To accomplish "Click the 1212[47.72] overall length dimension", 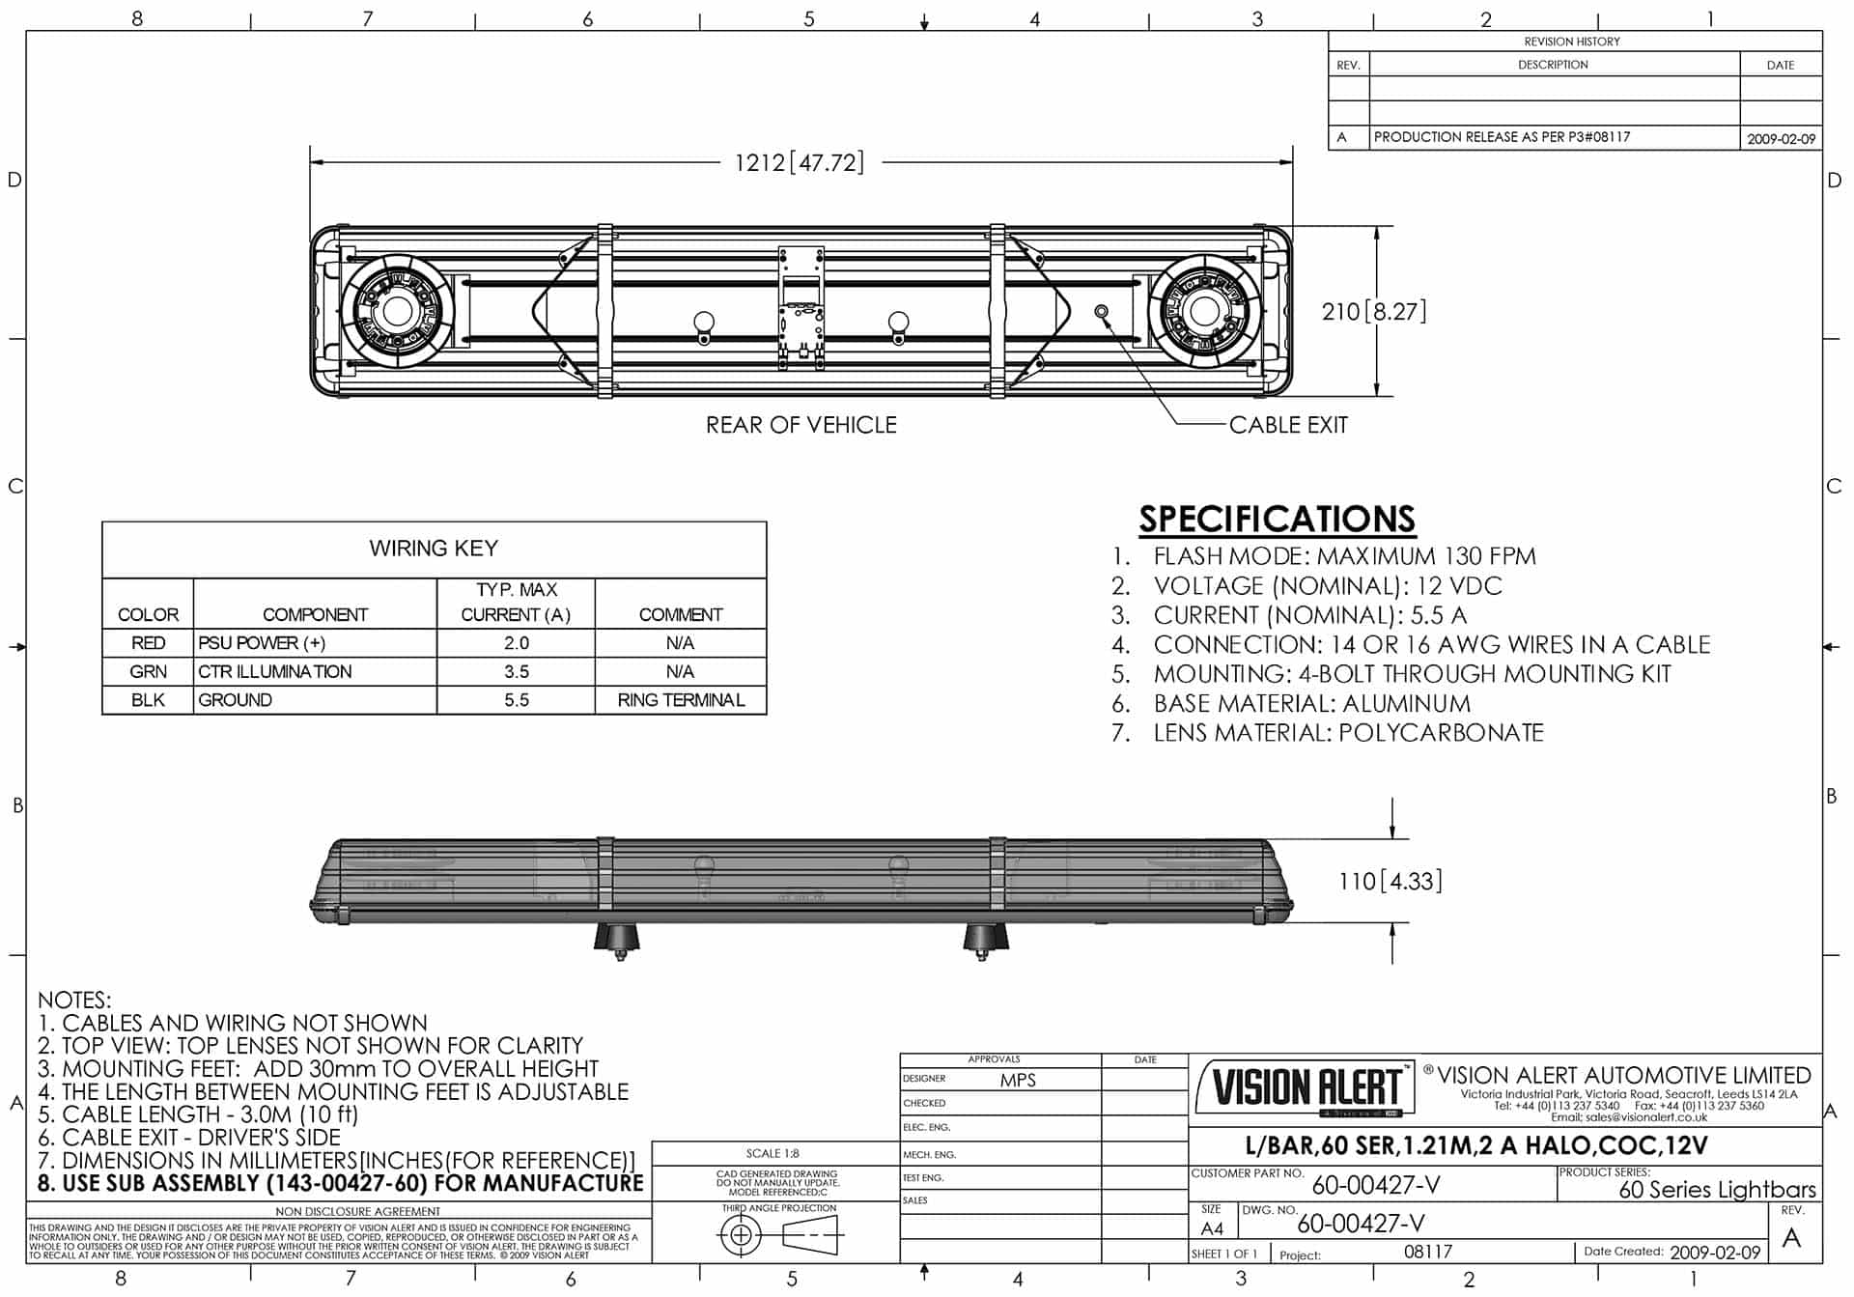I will (x=799, y=162).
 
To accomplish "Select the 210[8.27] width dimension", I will (x=1373, y=311).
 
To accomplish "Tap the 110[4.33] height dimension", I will (x=1390, y=881).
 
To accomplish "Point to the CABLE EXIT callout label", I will (x=1287, y=425).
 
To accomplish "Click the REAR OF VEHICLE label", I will (x=801, y=425).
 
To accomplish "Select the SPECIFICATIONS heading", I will (x=1277, y=519).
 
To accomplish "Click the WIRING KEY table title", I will (x=434, y=549).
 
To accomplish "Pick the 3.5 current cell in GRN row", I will (x=516, y=671).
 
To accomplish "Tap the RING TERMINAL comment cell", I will (x=681, y=700).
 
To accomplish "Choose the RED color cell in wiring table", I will (x=148, y=643).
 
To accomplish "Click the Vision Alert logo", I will (x=1306, y=1087).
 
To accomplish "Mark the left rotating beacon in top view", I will (x=396, y=311).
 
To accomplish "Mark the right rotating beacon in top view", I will (x=1203, y=311).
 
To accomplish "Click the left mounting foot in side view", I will (x=617, y=939).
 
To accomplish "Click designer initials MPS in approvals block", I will (x=1018, y=1081).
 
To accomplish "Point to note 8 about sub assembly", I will (x=340, y=1184).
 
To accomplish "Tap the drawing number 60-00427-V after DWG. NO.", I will (x=1361, y=1225).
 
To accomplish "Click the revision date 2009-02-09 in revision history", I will (x=1781, y=139).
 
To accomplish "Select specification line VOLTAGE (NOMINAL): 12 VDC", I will (x=1327, y=586).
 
